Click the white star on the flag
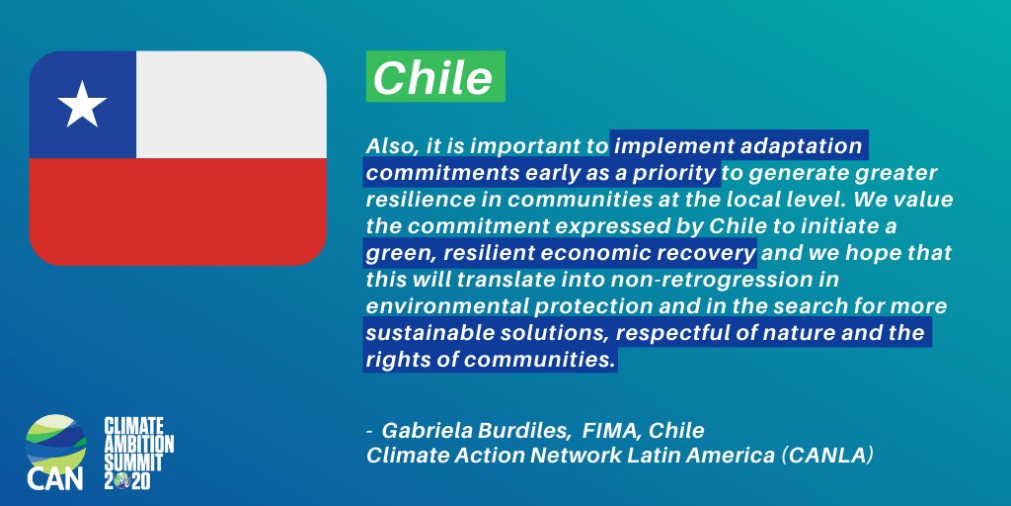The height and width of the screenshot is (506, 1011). tap(82, 105)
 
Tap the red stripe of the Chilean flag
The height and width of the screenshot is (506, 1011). tap(178, 211)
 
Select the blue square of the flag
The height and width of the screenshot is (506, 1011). tap(83, 105)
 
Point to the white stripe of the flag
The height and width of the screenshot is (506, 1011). tap(231, 105)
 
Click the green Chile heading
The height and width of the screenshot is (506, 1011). tap(434, 79)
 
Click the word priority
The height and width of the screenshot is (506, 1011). tap(677, 172)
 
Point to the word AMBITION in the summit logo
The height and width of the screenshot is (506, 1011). tap(140, 443)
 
